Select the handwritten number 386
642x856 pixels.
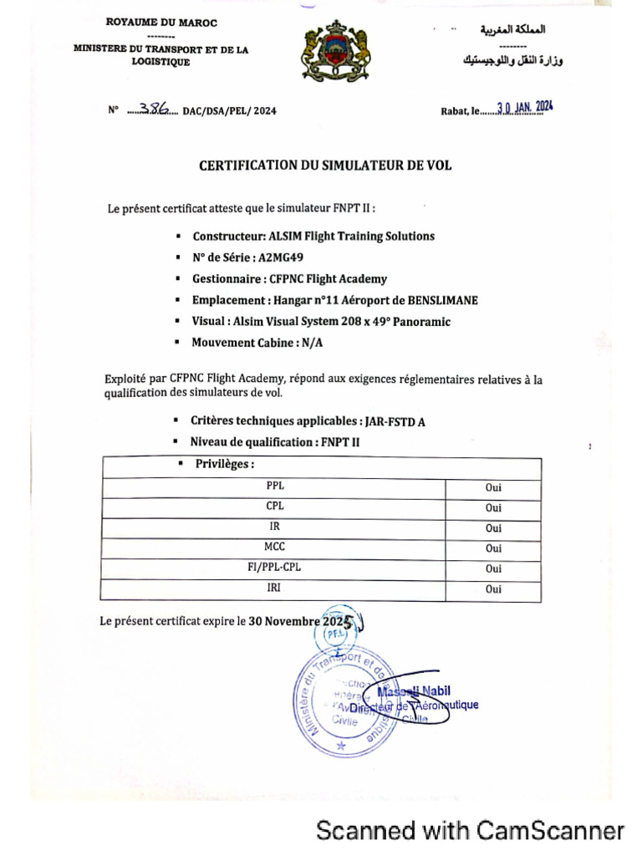pyautogui.click(x=154, y=109)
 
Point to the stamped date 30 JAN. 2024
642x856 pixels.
pyautogui.click(x=524, y=109)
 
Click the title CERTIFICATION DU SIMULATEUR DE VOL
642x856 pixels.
pyautogui.click(x=325, y=166)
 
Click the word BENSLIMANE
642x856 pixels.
pyautogui.click(x=442, y=300)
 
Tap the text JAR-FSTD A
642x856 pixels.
pyautogui.click(x=395, y=421)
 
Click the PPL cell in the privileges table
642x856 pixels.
pyautogui.click(x=274, y=486)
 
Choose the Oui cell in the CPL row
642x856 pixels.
pyautogui.click(x=493, y=507)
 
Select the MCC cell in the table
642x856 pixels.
pyautogui.click(x=274, y=548)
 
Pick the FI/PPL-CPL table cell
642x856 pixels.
pyautogui.click(x=274, y=568)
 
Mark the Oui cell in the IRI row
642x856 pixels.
pyautogui.click(x=493, y=589)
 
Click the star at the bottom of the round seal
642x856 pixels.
pyautogui.click(x=340, y=743)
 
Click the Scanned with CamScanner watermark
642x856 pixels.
pyautogui.click(x=470, y=830)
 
